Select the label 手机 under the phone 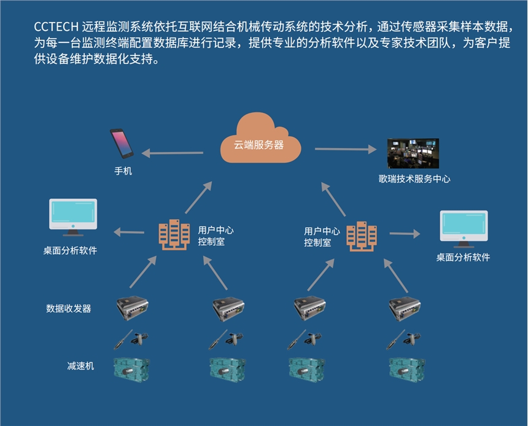point(123,171)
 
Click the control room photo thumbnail point(413,153)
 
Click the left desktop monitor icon point(72,216)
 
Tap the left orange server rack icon point(174,234)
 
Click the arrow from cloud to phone point(177,152)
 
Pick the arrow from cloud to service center point(346,149)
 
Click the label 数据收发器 point(69,308)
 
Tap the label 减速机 point(80,366)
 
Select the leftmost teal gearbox point(132,368)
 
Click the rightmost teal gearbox point(408,368)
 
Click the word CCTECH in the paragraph point(55,27)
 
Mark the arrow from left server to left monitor point(128,232)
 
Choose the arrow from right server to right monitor point(405,233)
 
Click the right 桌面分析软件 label point(463,257)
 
